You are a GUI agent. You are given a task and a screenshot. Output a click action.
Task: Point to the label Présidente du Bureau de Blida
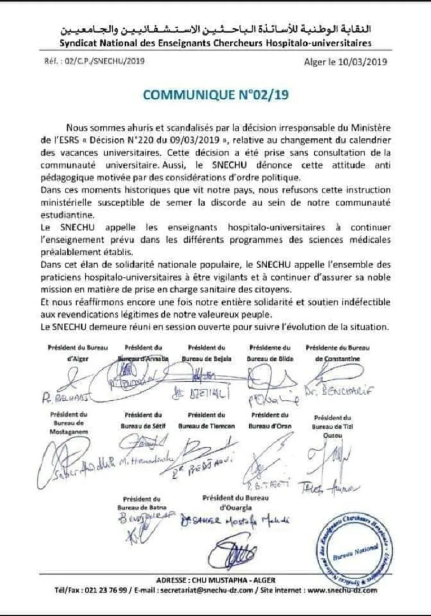click(269, 353)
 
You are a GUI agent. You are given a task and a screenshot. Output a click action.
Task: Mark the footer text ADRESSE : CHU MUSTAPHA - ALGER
click(215, 580)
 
